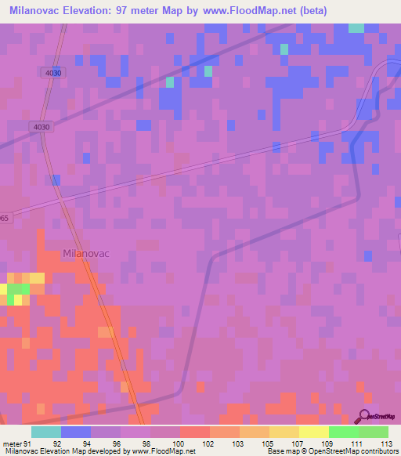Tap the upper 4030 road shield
tap(53, 73)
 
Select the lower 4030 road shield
tap(42, 127)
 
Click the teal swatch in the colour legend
tap(45, 432)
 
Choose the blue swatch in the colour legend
tap(75, 432)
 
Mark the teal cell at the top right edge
tap(356, 27)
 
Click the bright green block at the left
tap(19, 290)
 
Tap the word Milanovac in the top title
tap(35, 10)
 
